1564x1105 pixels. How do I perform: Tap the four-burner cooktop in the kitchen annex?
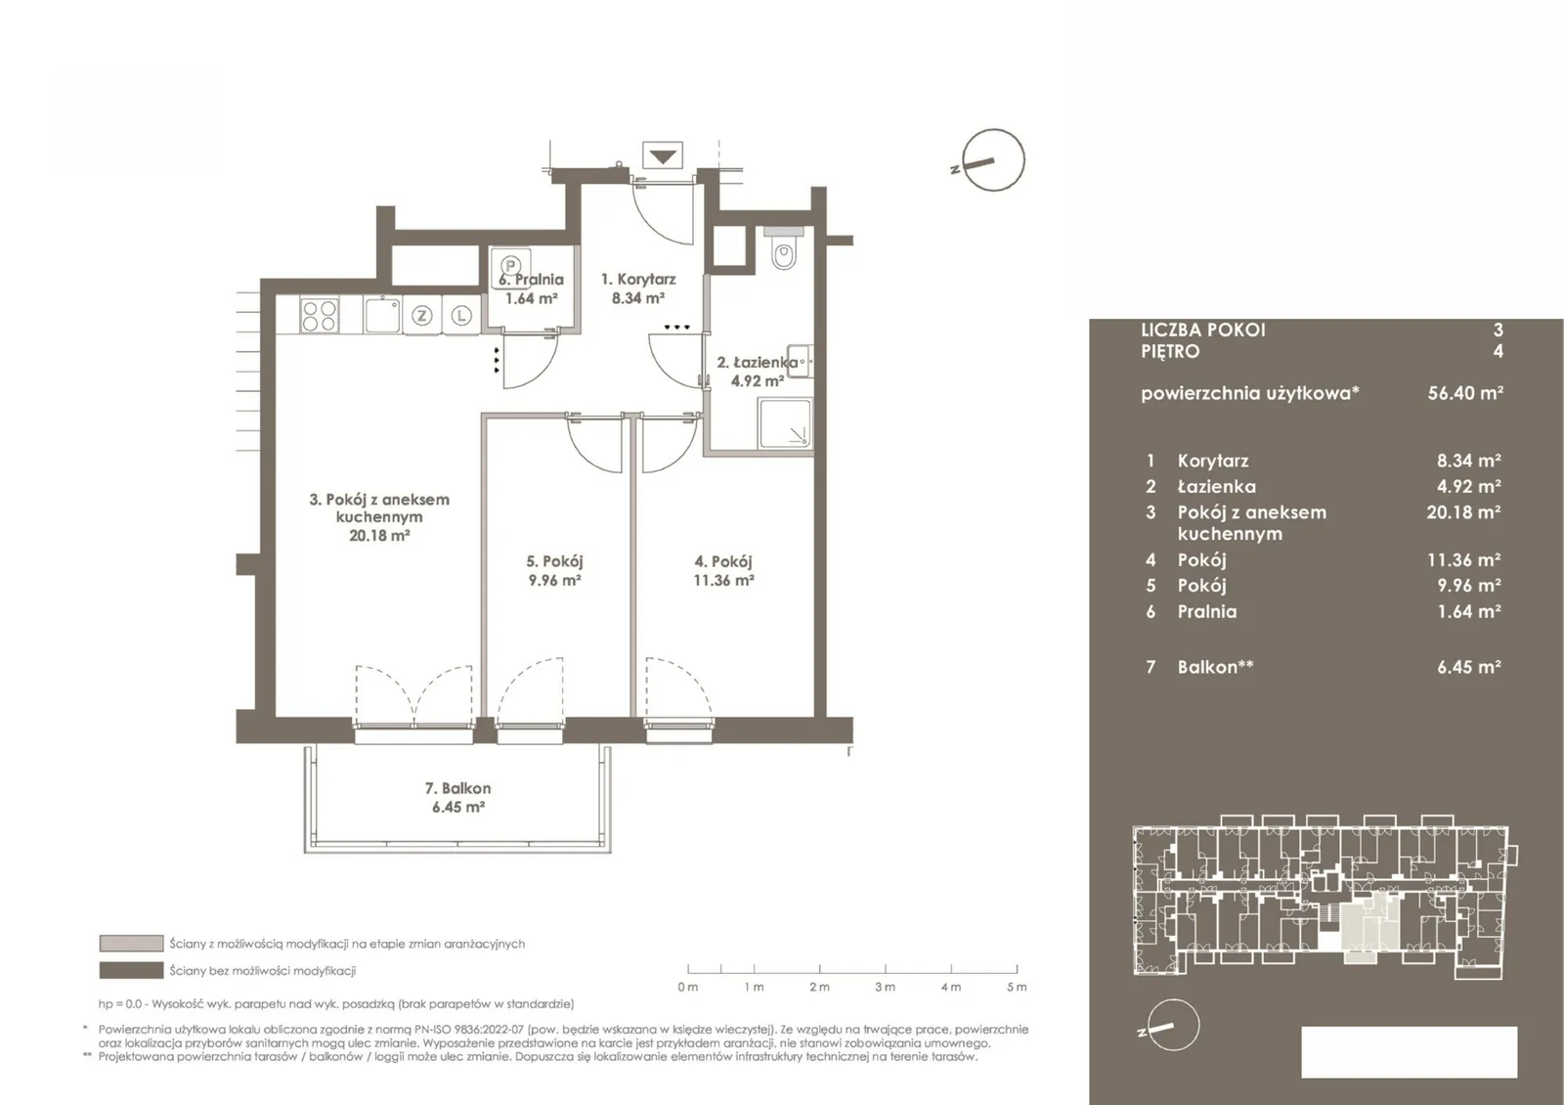coord(319,315)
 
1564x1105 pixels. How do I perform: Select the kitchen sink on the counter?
coord(382,315)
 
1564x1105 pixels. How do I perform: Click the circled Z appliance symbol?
coord(421,316)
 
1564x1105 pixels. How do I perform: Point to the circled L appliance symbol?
coord(460,316)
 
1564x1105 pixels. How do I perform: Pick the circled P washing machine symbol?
coord(511,265)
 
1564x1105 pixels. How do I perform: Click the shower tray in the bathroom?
coord(786,423)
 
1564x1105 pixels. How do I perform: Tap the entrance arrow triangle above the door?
coord(663,155)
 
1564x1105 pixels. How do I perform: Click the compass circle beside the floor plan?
coord(993,160)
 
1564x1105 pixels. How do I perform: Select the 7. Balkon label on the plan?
coord(458,788)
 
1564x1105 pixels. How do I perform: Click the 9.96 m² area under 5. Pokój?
coord(555,580)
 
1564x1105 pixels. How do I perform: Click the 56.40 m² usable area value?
coord(1465,392)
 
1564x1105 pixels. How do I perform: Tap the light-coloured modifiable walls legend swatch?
coord(131,944)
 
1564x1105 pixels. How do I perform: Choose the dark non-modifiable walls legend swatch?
coord(131,970)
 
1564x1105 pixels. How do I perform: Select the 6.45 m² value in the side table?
coord(1469,667)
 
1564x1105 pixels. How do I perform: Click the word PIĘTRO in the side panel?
coord(1170,351)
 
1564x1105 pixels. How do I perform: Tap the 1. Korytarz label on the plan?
coord(638,280)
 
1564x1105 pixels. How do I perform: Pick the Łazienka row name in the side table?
coord(1216,486)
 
